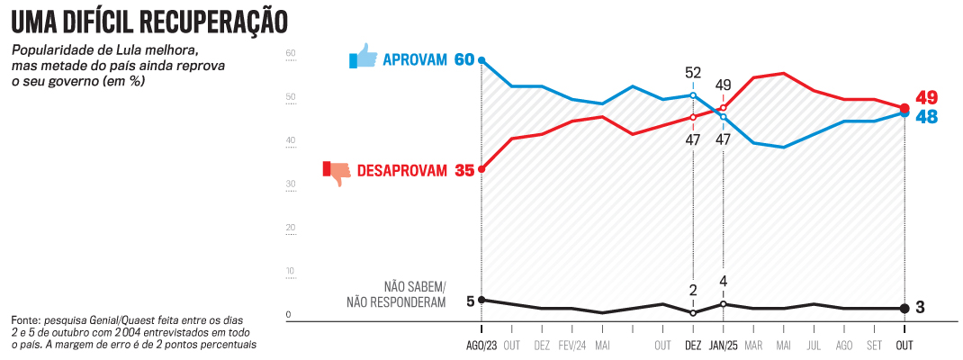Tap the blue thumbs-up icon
(x=364, y=58)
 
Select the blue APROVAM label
(x=415, y=60)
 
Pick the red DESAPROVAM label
(x=401, y=170)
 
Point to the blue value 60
(x=463, y=60)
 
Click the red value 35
(x=464, y=170)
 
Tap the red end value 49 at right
(x=927, y=97)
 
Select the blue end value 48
(x=927, y=117)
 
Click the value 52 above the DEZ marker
(x=693, y=73)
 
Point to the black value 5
(x=470, y=301)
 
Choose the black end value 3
(x=921, y=308)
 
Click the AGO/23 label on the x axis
(x=481, y=346)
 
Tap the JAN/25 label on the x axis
(x=724, y=346)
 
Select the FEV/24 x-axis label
(x=572, y=346)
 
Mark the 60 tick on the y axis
(x=291, y=53)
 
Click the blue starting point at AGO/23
(x=481, y=60)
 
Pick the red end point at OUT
(x=904, y=108)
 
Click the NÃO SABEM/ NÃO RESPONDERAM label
(x=396, y=294)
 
